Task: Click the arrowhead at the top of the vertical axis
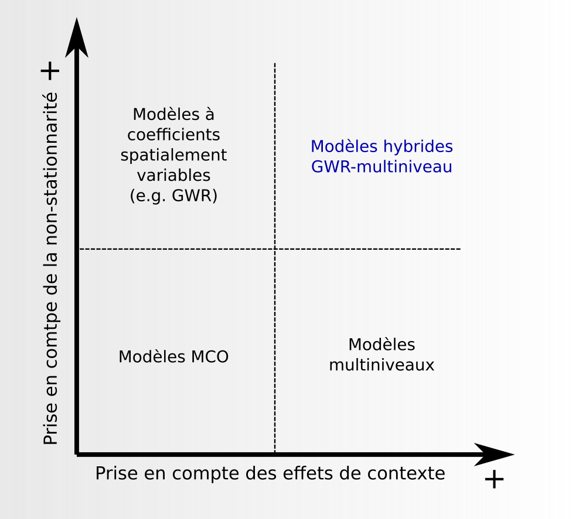(77, 38)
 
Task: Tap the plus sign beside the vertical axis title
(50, 71)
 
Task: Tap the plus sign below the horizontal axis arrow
(494, 479)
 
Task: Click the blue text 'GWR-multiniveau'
(382, 167)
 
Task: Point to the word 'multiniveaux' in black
(382, 365)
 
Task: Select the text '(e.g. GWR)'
(173, 195)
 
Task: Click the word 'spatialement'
(173, 155)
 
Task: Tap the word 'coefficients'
(173, 135)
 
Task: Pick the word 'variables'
(173, 175)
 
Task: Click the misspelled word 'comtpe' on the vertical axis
(51, 334)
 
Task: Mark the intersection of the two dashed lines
(275, 249)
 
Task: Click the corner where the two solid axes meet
(77, 453)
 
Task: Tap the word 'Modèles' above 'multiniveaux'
(382, 345)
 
